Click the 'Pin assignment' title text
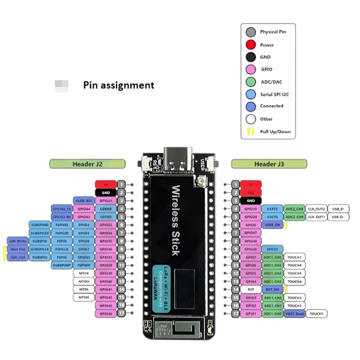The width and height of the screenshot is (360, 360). [x=118, y=85]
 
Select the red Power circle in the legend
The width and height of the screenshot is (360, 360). [x=251, y=45]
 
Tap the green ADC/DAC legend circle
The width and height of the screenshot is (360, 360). [x=251, y=81]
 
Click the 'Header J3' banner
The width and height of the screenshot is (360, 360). [x=269, y=164]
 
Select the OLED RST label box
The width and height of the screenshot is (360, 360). [x=84, y=200]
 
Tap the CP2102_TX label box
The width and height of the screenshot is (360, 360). [x=62, y=209]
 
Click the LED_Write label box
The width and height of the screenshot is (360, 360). [x=17, y=241]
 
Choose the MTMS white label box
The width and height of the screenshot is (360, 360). [x=84, y=297]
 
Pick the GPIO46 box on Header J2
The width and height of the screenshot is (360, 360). [x=105, y=313]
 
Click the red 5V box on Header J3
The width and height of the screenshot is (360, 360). [x=251, y=184]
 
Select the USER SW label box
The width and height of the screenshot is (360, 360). [x=272, y=225]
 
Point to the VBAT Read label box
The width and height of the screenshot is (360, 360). [x=294, y=313]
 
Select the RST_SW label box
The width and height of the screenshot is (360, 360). [x=272, y=289]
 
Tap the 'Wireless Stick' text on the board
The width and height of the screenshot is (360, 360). [x=176, y=220]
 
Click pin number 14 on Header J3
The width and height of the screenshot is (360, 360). [x=236, y=289]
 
